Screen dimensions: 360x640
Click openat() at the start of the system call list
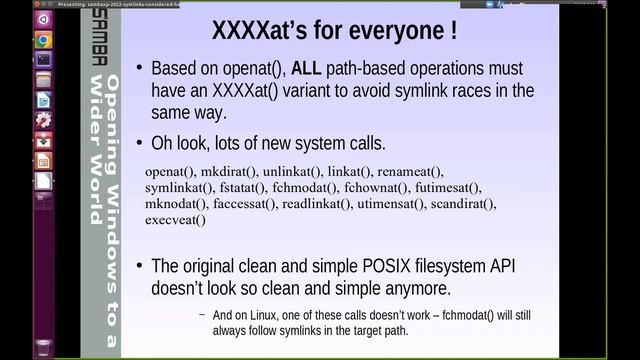click(x=171, y=172)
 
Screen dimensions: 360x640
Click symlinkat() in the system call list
click(x=179, y=188)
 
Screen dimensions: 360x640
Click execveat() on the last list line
click(x=175, y=220)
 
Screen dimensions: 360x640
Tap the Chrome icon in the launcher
click(x=43, y=40)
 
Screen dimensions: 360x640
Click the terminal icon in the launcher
click(x=43, y=60)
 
